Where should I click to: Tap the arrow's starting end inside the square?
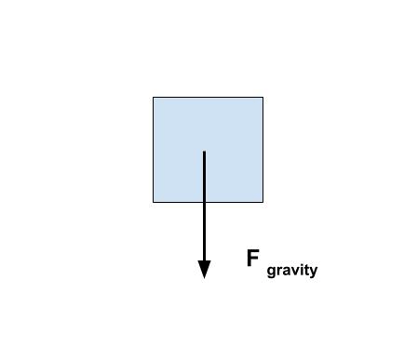click(x=204, y=152)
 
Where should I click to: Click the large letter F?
click(x=252, y=258)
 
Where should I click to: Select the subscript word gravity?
click(x=292, y=271)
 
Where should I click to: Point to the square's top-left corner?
click(x=153, y=98)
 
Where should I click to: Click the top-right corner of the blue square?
click(x=263, y=98)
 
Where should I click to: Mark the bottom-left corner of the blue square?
click(x=153, y=202)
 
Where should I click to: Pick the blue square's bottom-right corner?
click(x=263, y=202)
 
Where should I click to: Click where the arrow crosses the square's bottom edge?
click(x=204, y=202)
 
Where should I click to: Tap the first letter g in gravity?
click(x=271, y=272)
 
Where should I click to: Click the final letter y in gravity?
click(x=314, y=272)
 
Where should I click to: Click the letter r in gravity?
click(x=279, y=271)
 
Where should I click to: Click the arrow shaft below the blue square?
click(x=204, y=232)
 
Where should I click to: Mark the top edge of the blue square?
click(x=208, y=98)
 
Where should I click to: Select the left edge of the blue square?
click(x=153, y=150)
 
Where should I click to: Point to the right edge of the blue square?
click(x=263, y=150)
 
